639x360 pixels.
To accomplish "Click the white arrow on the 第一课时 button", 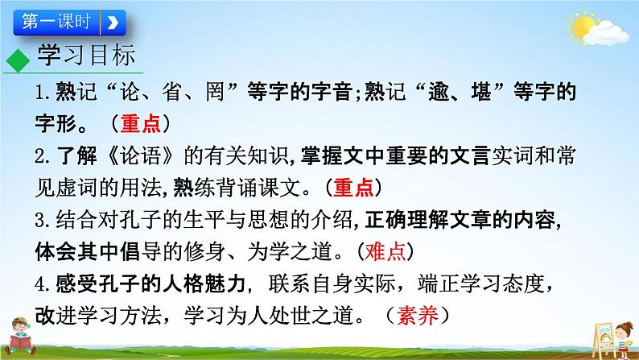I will coord(113,21).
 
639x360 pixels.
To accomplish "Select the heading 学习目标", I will coord(89,56).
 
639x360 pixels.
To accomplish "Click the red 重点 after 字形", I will coord(143,124).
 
